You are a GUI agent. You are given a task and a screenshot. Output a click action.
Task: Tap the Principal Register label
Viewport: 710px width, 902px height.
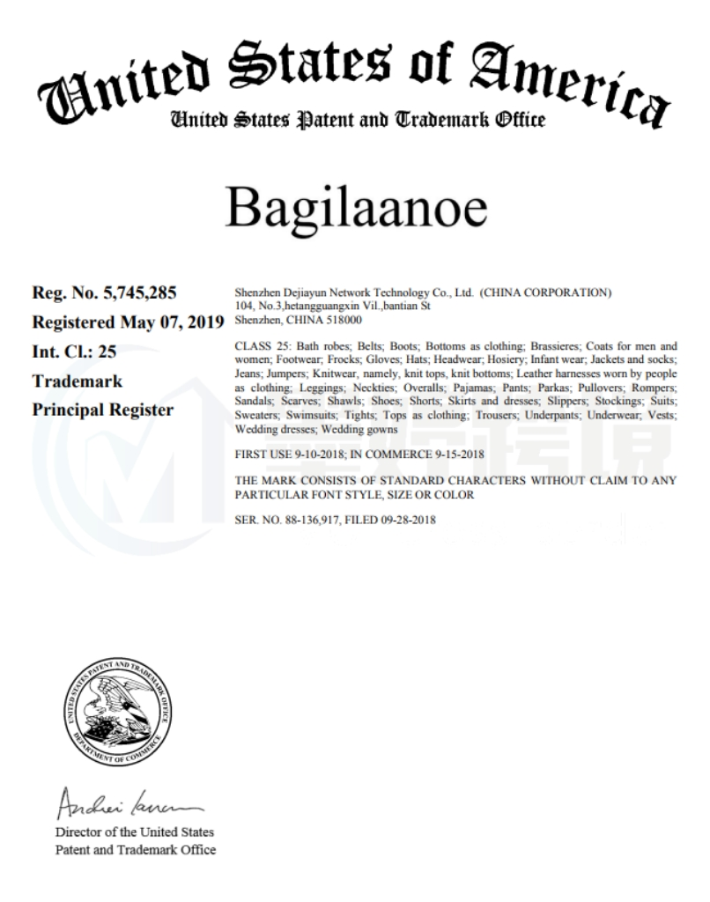pos(103,410)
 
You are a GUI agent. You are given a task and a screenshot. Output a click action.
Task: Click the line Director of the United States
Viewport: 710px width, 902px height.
pos(135,832)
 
